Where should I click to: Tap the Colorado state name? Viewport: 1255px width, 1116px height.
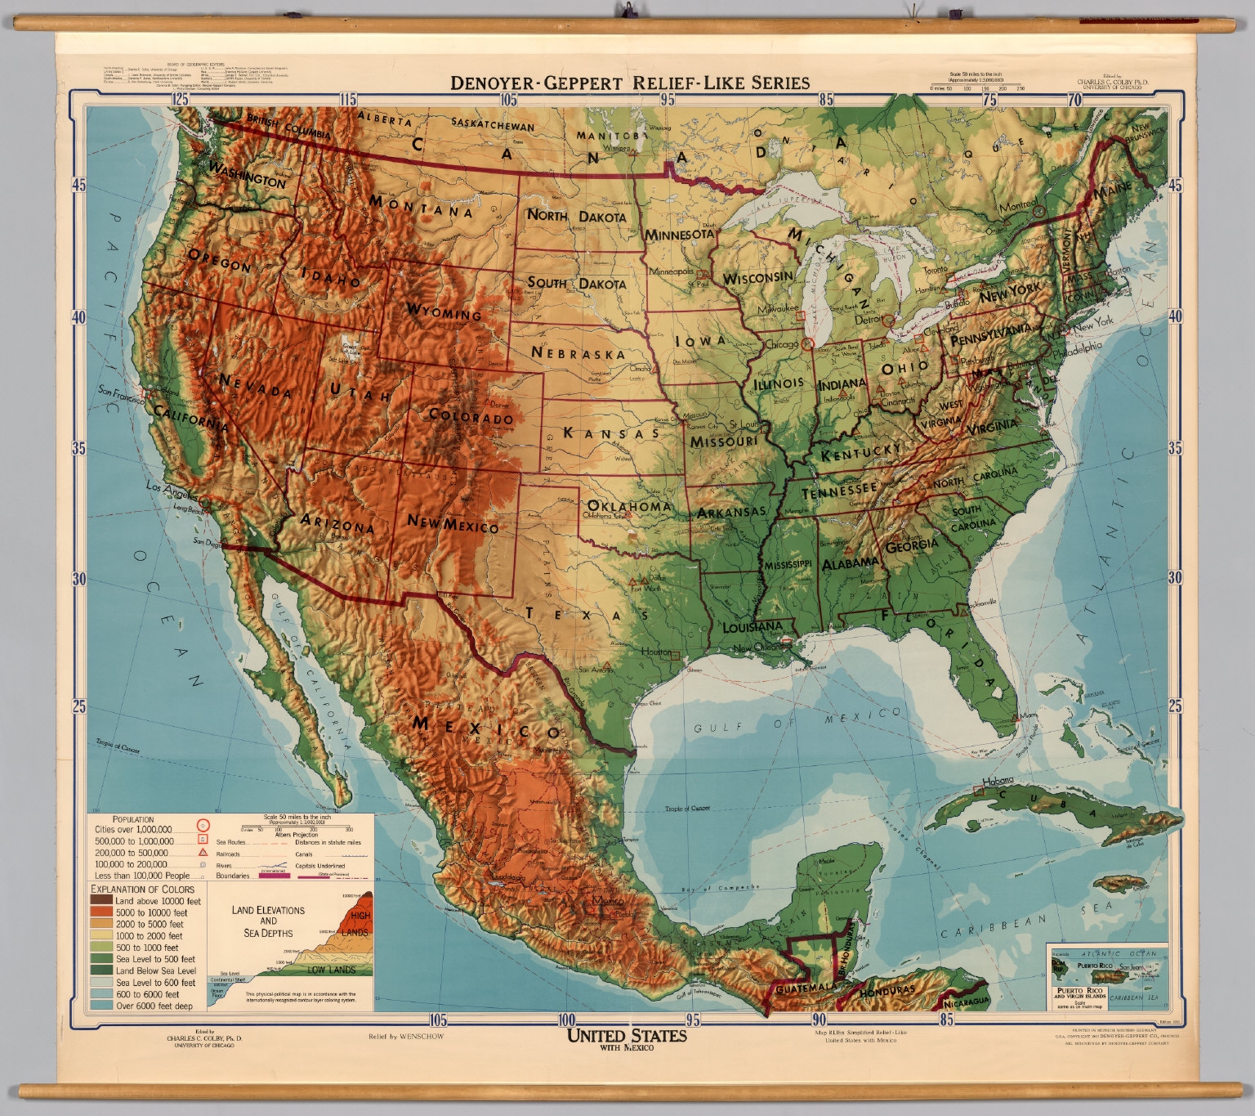471,417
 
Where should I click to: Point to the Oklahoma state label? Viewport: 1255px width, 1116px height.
629,506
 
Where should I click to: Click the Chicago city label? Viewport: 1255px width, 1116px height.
782,344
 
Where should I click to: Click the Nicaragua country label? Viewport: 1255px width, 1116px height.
966,1000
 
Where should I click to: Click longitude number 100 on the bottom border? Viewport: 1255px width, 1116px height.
565,1020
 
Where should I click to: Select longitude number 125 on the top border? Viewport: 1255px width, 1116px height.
180,100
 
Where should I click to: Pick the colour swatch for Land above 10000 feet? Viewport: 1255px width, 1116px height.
101,901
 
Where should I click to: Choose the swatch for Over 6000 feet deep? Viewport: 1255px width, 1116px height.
101,1006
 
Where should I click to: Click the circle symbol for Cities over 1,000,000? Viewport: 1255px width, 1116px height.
203,827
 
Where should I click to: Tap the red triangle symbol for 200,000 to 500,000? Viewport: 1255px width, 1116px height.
203,852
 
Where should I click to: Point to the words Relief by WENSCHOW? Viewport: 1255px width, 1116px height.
405,1036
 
